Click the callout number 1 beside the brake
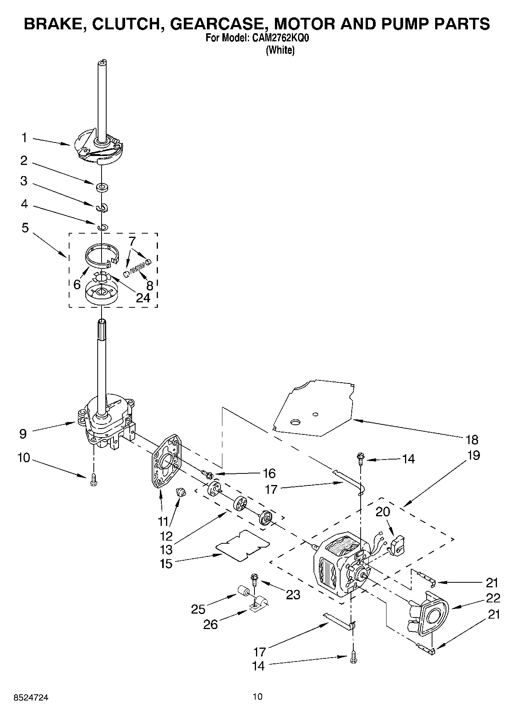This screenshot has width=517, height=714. tap(24, 138)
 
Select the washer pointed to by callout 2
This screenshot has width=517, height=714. tap(102, 188)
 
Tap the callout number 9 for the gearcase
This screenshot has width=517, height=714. tap(23, 434)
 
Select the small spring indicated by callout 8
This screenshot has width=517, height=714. tap(137, 265)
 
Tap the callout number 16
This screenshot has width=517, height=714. tap(269, 473)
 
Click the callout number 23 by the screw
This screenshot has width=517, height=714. tap(293, 595)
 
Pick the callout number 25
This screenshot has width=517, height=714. tap(198, 609)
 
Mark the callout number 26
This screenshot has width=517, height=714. tap(211, 624)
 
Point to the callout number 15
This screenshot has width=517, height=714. tap(166, 563)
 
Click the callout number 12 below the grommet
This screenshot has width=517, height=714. tap(166, 536)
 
